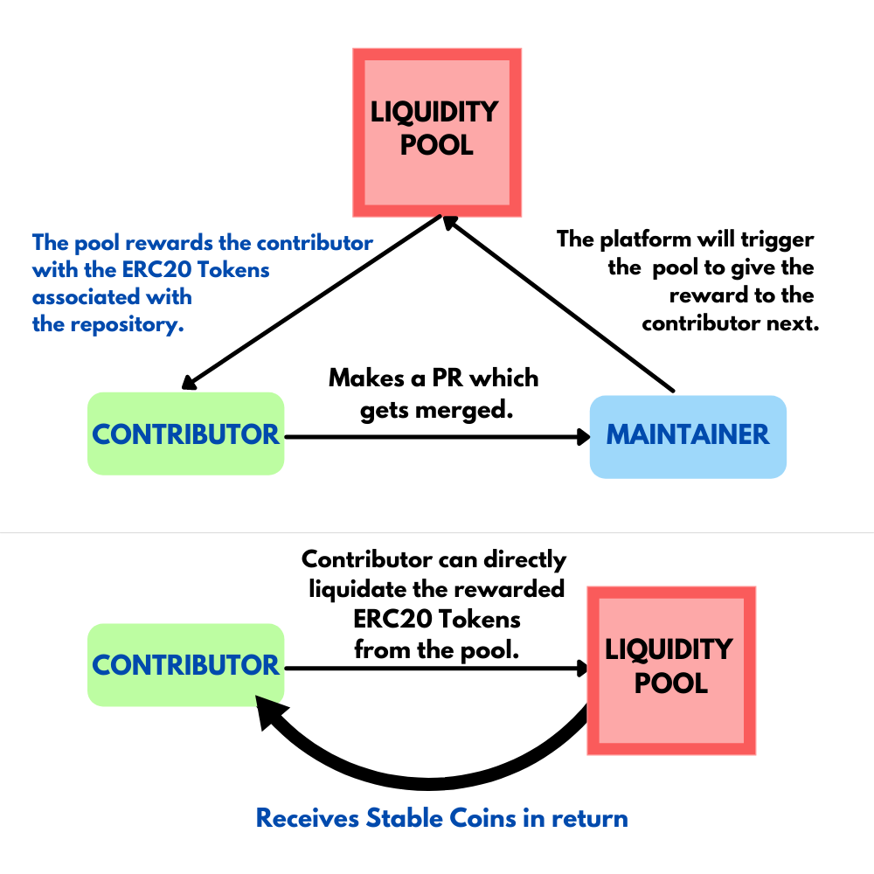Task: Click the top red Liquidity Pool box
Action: [436, 132]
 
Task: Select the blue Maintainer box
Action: [688, 436]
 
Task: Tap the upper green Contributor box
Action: [186, 434]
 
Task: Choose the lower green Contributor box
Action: [186, 665]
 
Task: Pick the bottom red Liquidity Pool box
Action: [669, 669]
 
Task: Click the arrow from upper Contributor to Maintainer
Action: [437, 436]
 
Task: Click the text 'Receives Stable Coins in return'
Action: [441, 819]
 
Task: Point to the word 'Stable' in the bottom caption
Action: [406, 819]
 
